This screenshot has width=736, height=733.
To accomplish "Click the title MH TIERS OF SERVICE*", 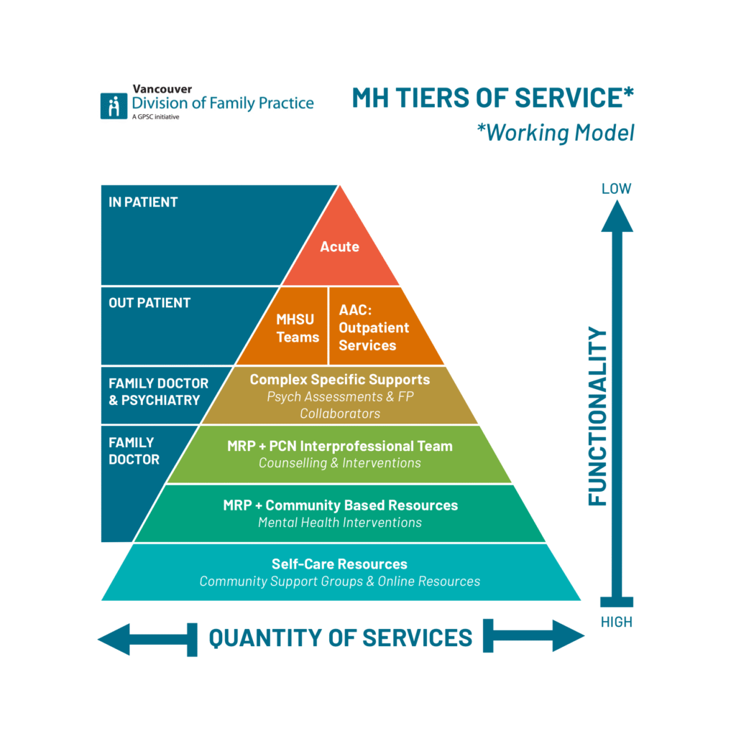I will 492,98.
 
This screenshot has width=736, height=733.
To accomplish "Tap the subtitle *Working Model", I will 554,133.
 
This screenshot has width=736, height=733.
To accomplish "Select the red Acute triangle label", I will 339,246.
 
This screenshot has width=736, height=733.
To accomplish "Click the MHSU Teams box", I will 298,327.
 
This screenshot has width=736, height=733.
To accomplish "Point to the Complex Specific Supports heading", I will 339,379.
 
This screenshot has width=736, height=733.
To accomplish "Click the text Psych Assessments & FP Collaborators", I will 339,405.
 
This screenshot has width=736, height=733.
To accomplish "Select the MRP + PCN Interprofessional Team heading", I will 339,446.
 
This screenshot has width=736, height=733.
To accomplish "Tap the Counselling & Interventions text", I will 339,463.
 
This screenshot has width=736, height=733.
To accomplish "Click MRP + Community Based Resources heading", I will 339,505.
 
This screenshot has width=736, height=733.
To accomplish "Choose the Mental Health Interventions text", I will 339,523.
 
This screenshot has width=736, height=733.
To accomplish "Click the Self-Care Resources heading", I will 339,564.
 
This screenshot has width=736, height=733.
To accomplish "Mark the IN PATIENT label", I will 143,202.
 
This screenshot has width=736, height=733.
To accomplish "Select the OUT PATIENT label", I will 149,303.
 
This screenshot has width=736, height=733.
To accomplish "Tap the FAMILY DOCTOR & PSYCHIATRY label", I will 158,392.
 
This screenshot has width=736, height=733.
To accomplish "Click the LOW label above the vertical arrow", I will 616,189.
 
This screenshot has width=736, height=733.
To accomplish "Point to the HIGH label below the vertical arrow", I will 616,622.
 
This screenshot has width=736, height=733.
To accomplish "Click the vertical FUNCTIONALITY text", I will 597,416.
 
